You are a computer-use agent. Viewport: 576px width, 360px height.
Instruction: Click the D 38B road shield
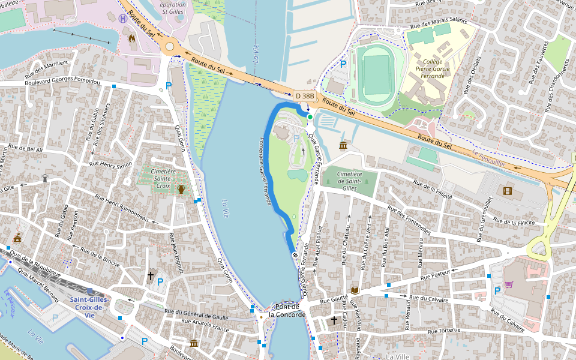[305, 95]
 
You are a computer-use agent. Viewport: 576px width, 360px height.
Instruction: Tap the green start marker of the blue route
[310, 116]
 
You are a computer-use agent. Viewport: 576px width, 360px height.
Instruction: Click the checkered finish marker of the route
[295, 256]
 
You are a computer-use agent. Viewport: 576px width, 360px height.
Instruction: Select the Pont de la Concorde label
[287, 310]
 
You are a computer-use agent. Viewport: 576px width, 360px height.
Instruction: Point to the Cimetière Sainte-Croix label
[163, 178]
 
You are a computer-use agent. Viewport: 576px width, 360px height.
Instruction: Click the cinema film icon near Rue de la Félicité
[508, 191]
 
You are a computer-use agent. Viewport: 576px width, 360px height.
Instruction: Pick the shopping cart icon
[509, 284]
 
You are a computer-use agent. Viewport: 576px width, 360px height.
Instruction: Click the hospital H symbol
[123, 19]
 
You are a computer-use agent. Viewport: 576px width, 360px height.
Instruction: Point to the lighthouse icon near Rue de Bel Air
[45, 178]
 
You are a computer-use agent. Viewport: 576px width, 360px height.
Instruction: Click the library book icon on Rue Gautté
[355, 290]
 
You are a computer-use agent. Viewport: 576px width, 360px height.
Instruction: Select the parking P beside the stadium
[343, 63]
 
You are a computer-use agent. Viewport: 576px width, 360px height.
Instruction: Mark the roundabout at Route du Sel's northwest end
[170, 46]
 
